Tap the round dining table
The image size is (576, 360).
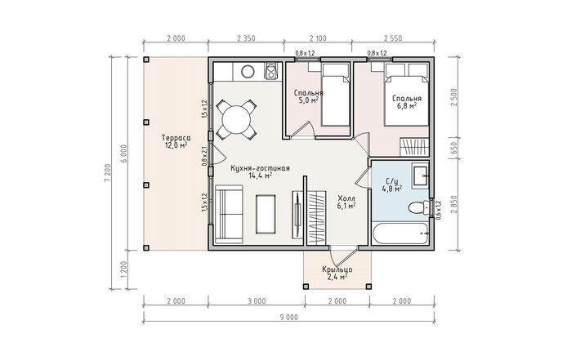[237, 119]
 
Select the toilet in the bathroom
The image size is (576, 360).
[418, 207]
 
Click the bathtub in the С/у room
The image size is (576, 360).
[400, 233]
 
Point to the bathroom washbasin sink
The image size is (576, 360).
[420, 177]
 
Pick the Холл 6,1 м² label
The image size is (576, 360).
[346, 202]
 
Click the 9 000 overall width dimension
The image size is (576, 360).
[288, 318]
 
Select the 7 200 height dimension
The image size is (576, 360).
[107, 172]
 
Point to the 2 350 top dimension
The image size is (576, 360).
[246, 38]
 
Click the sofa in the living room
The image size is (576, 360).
[230, 214]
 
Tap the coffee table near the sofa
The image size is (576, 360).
[266, 214]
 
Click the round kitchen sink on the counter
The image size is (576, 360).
[248, 72]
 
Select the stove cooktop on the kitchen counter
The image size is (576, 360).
[272, 71]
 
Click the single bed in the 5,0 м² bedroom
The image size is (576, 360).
[335, 95]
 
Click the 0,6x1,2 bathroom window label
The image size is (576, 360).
[438, 210]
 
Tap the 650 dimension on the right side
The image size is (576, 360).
[453, 149]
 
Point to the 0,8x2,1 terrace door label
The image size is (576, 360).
[204, 156]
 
